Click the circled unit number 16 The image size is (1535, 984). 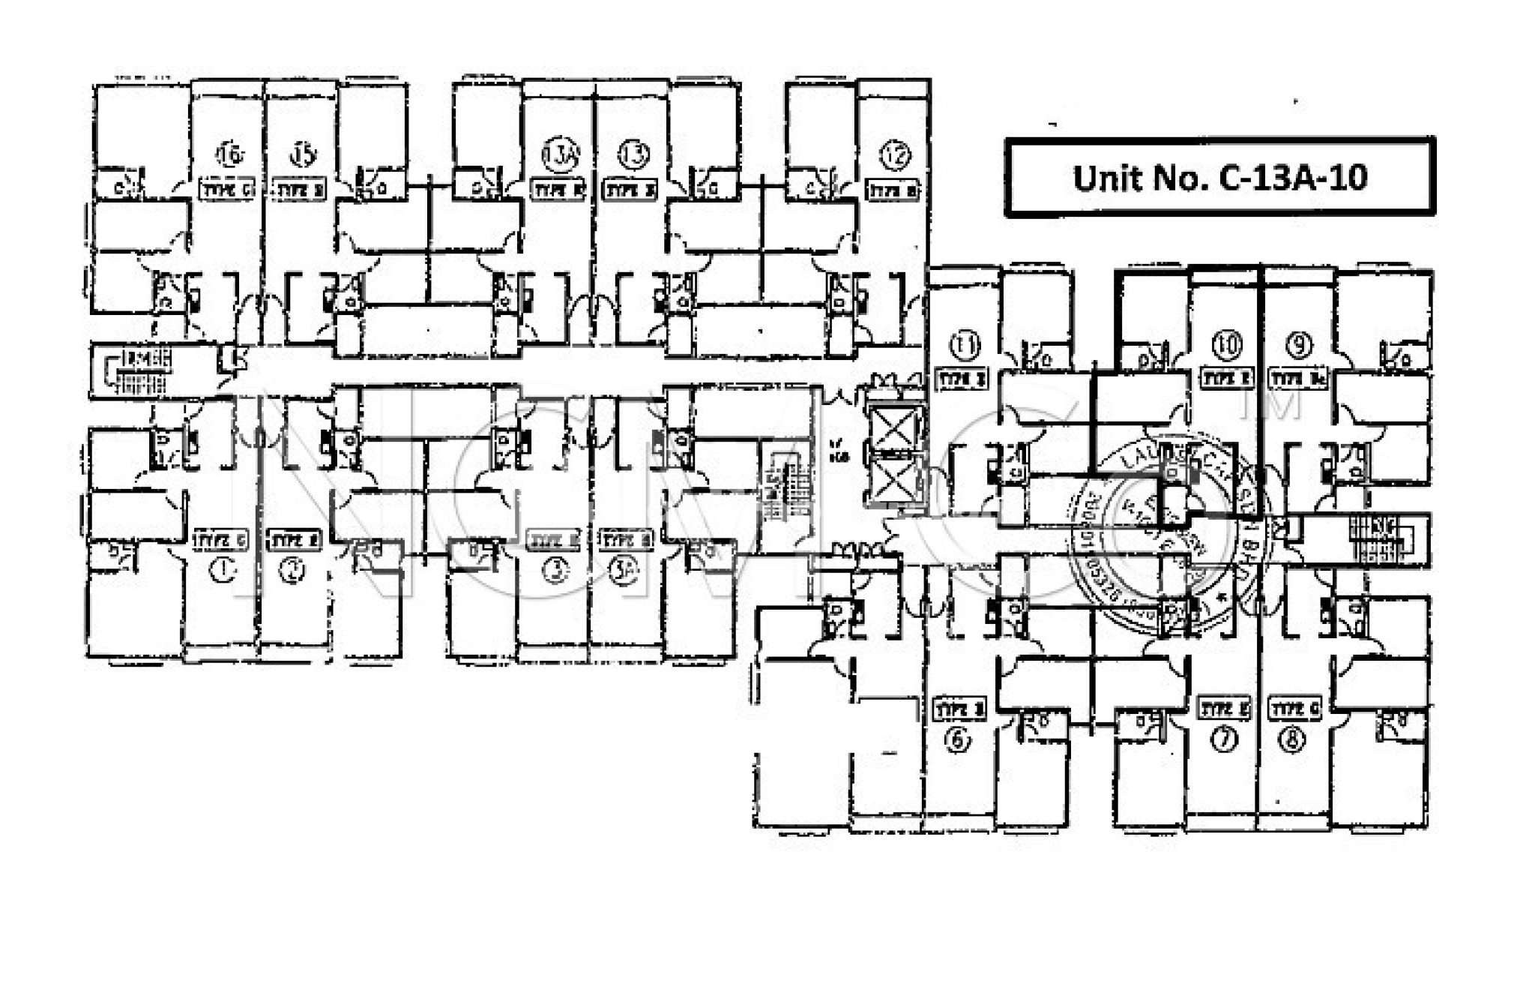(x=230, y=154)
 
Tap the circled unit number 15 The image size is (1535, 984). (x=302, y=154)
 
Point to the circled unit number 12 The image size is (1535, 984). (x=895, y=155)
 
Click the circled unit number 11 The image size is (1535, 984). (x=965, y=346)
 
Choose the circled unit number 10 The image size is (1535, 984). (x=1226, y=344)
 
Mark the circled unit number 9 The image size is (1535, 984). (x=1298, y=344)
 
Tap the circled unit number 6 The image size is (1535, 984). (x=957, y=740)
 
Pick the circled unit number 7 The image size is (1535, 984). (x=1224, y=739)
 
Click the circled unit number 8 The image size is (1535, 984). (x=1293, y=740)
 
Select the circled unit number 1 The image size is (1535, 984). (x=223, y=571)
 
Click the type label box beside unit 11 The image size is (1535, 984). (x=962, y=379)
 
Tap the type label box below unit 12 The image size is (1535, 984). (x=892, y=190)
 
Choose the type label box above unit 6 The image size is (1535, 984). (x=960, y=709)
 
